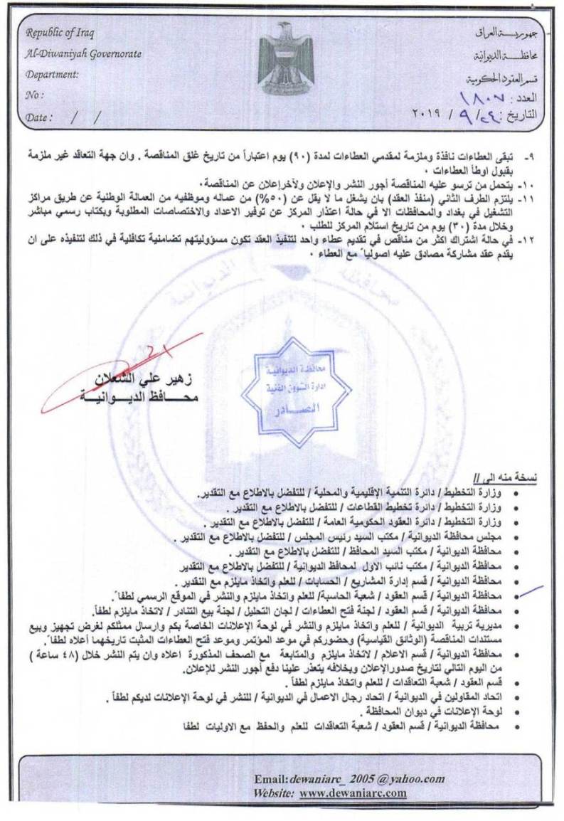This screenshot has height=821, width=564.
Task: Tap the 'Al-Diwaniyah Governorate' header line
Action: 83,54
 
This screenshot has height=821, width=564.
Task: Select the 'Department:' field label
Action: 52,74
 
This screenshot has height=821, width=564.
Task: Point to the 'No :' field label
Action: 35,94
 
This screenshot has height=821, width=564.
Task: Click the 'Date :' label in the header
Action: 39,117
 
